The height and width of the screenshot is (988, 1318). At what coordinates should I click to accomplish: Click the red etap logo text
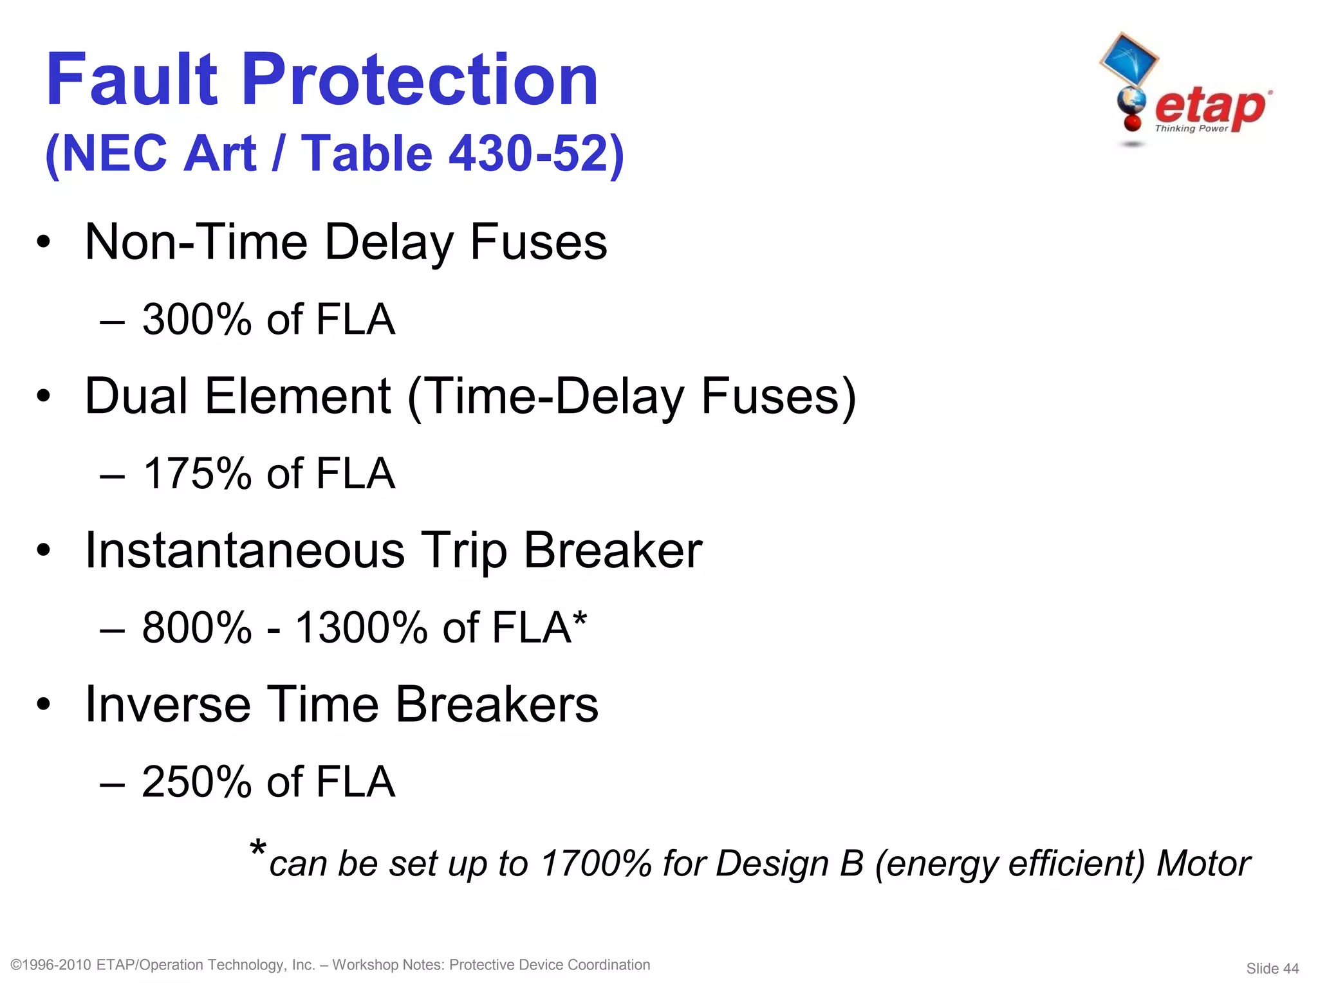click(1210, 107)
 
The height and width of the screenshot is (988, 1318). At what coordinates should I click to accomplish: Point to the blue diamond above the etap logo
click(1129, 59)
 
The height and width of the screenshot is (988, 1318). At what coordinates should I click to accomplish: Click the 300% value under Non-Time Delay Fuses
click(196, 320)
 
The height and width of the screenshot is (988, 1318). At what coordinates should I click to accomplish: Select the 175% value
click(196, 474)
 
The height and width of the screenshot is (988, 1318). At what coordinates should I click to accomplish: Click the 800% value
click(196, 628)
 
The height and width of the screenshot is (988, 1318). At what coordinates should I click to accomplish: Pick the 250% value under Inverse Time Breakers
click(196, 782)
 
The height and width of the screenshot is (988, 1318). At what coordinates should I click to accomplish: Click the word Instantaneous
click(245, 551)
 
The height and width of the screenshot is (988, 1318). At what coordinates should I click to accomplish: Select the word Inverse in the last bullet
click(167, 705)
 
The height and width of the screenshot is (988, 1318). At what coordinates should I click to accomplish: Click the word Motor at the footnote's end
click(1203, 864)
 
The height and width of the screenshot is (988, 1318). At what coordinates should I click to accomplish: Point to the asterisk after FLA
click(580, 619)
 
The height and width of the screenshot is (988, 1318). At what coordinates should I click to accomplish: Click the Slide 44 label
click(1272, 969)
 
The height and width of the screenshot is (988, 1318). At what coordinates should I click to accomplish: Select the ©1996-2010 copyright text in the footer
click(51, 965)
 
